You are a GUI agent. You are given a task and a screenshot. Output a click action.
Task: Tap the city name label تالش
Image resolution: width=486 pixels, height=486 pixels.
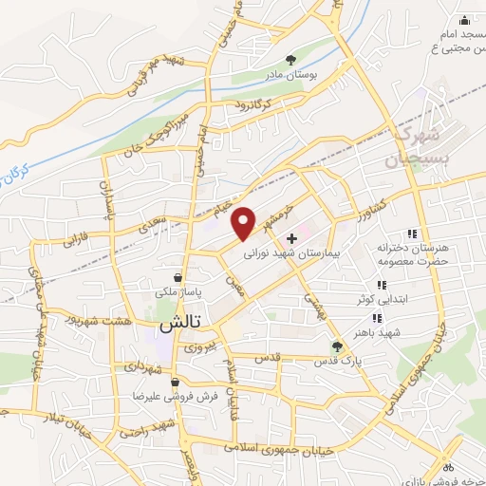tap(178, 324)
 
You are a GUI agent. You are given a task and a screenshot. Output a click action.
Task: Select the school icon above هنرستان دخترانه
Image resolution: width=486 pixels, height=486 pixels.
tap(411, 233)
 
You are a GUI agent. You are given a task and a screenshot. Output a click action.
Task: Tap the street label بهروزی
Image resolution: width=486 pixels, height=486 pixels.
tap(200, 347)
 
